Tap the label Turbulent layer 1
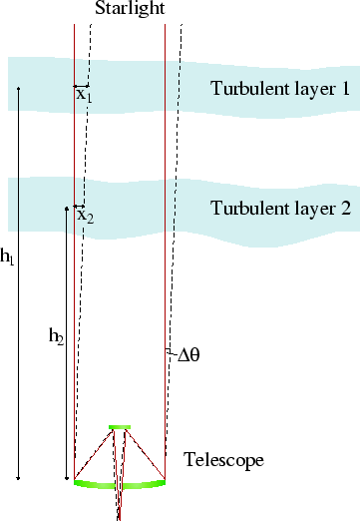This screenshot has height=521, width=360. point(279,88)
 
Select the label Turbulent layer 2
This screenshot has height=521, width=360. point(279,209)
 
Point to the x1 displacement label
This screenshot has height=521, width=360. point(83,96)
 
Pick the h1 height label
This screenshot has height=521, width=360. point(8,258)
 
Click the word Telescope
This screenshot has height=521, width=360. point(222,460)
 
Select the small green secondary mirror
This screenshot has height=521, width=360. point(120,427)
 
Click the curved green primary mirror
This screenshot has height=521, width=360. point(120,485)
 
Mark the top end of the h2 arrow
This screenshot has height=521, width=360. point(66,209)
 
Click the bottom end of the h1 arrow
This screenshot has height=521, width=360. point(18,479)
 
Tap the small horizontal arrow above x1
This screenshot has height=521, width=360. point(82,86)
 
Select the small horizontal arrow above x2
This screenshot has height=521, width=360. point(80,206)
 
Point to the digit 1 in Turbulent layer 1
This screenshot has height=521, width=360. point(344,88)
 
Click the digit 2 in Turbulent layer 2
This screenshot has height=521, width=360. point(344,209)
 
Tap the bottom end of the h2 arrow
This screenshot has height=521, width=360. point(66,479)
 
